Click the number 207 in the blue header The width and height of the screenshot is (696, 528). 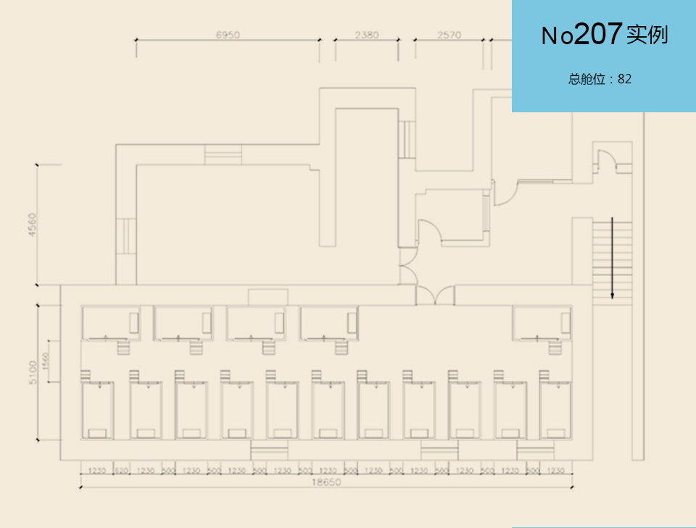click(598, 34)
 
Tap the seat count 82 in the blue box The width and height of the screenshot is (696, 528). click(624, 79)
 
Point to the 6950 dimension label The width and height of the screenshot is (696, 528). click(228, 35)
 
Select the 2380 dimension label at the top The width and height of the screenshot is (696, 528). click(367, 35)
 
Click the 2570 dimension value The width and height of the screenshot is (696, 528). click(449, 35)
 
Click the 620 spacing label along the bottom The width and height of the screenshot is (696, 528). click(121, 471)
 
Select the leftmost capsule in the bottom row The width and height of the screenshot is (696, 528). click(96, 411)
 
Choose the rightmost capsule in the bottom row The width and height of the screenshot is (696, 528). click(555, 411)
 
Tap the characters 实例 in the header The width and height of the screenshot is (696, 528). click(647, 35)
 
